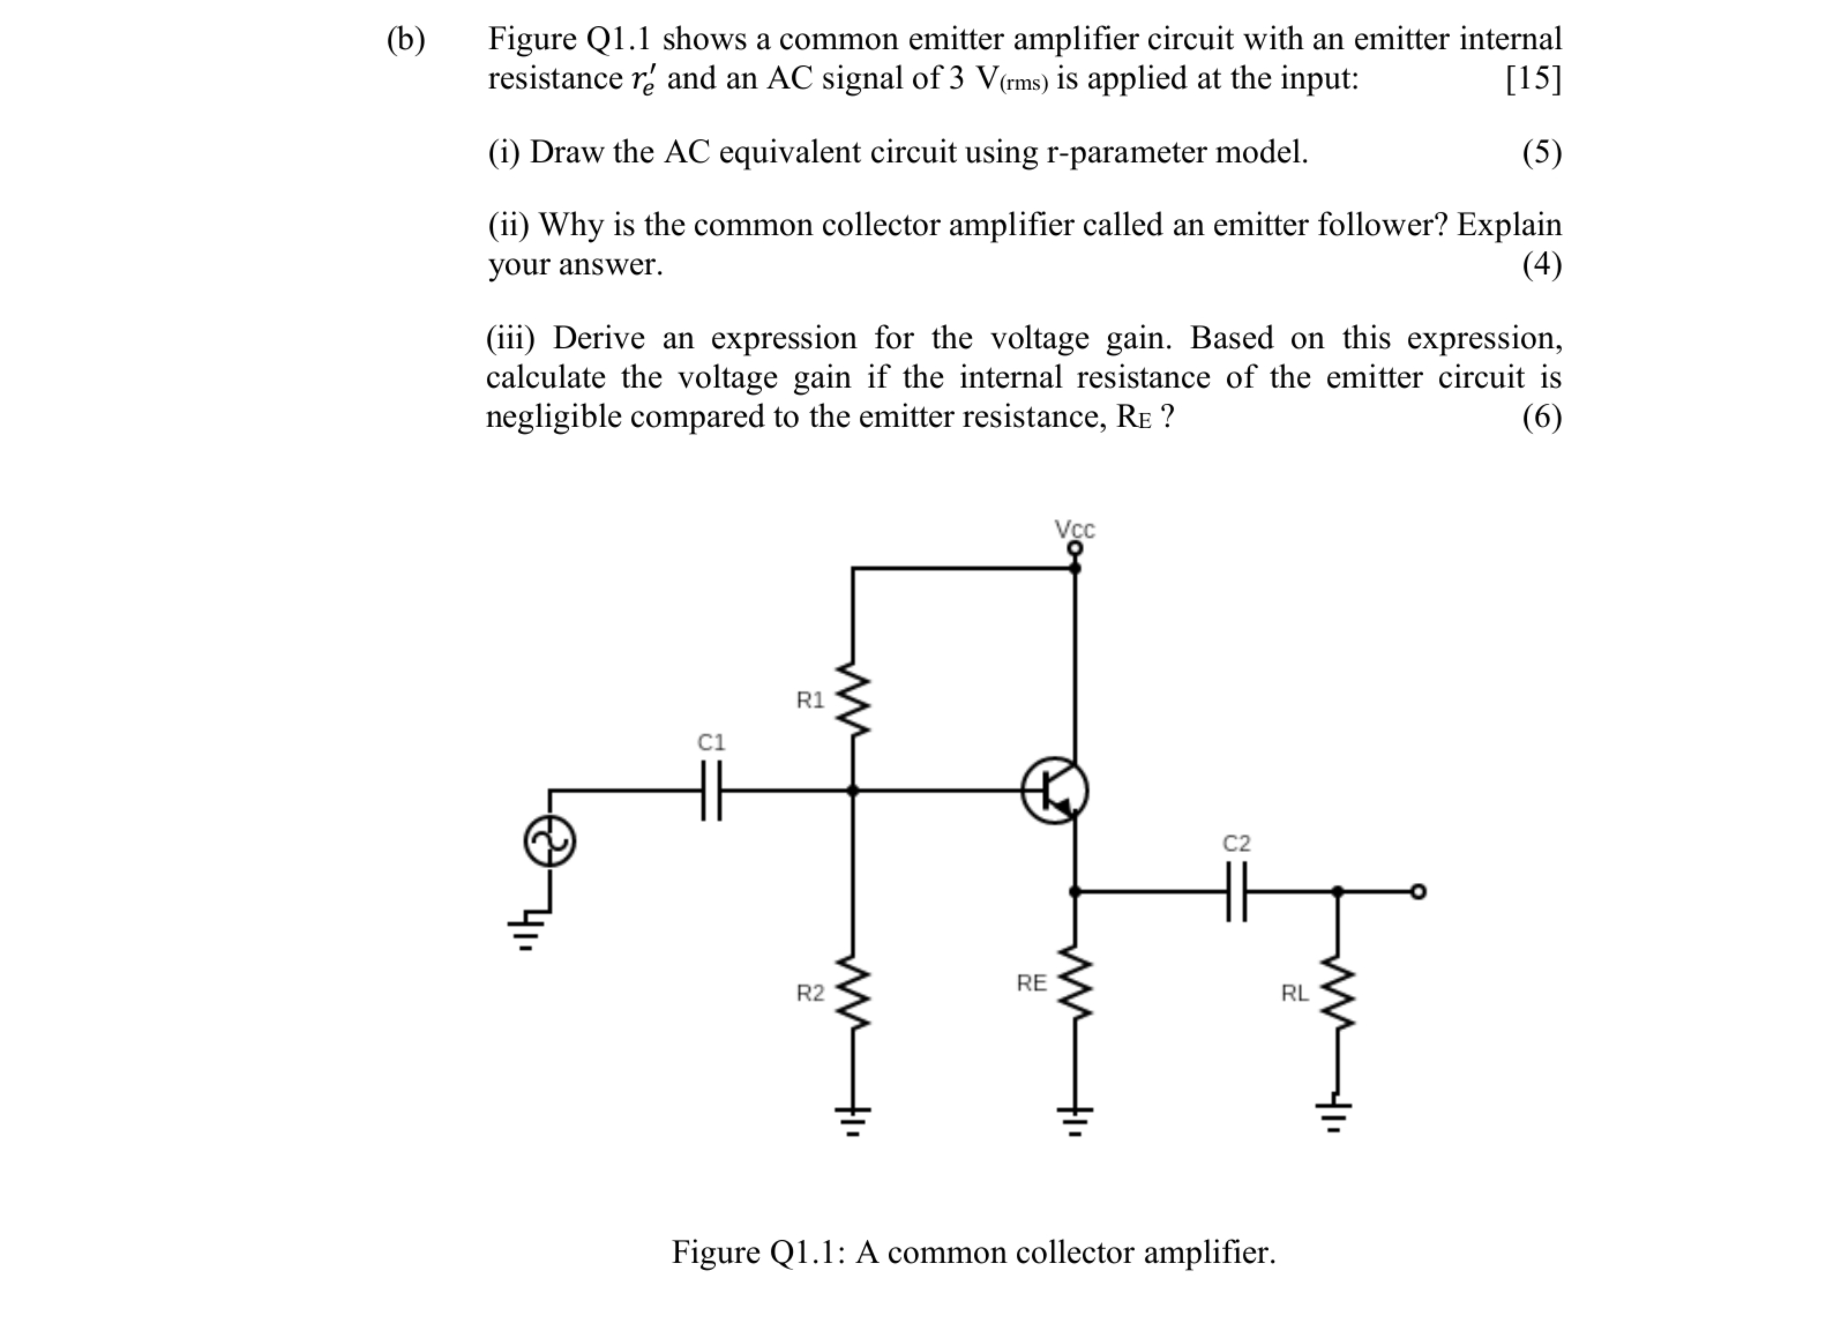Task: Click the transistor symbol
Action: (x=1054, y=791)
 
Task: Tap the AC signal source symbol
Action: (x=550, y=842)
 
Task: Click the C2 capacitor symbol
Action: (x=1236, y=891)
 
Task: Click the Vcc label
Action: (x=1074, y=530)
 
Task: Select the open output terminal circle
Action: (x=1417, y=891)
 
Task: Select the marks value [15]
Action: (x=1532, y=79)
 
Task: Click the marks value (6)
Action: (x=1542, y=417)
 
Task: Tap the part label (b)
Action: (x=405, y=39)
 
